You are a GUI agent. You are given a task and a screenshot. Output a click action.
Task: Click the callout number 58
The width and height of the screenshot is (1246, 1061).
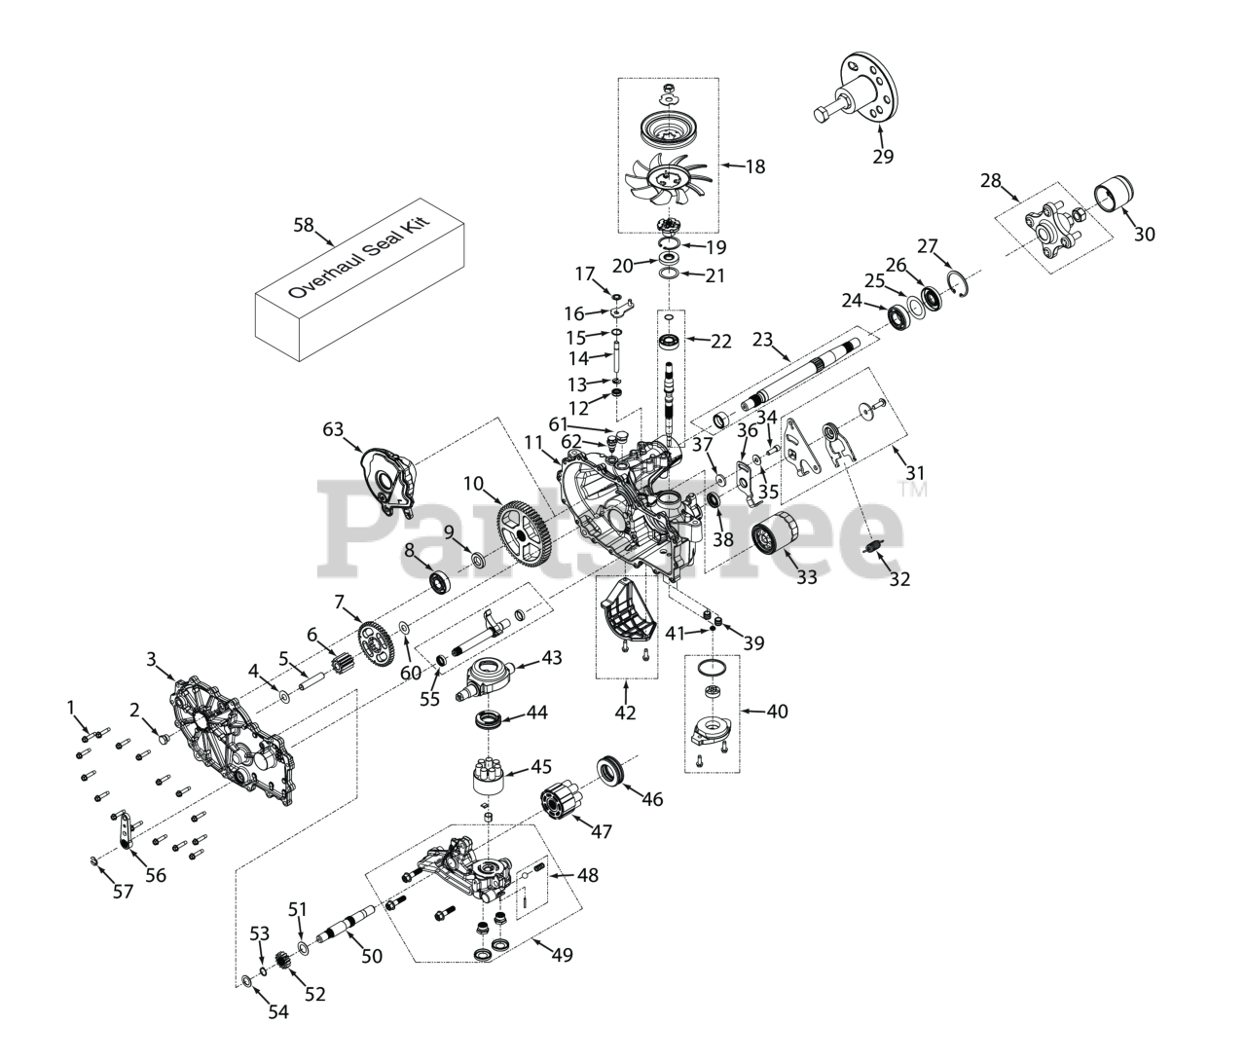[304, 225]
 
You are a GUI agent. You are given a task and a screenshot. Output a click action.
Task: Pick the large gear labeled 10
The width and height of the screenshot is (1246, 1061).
[527, 530]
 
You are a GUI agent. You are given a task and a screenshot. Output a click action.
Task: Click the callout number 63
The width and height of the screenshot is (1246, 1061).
[334, 429]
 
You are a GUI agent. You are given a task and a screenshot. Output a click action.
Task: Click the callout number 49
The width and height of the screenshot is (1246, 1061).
[562, 954]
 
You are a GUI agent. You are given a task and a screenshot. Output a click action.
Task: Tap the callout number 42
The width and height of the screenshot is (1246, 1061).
[625, 713]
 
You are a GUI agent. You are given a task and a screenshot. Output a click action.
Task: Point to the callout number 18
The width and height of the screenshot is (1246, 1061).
[754, 166]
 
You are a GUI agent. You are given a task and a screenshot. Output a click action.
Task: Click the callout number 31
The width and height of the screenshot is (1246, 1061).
[915, 473]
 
